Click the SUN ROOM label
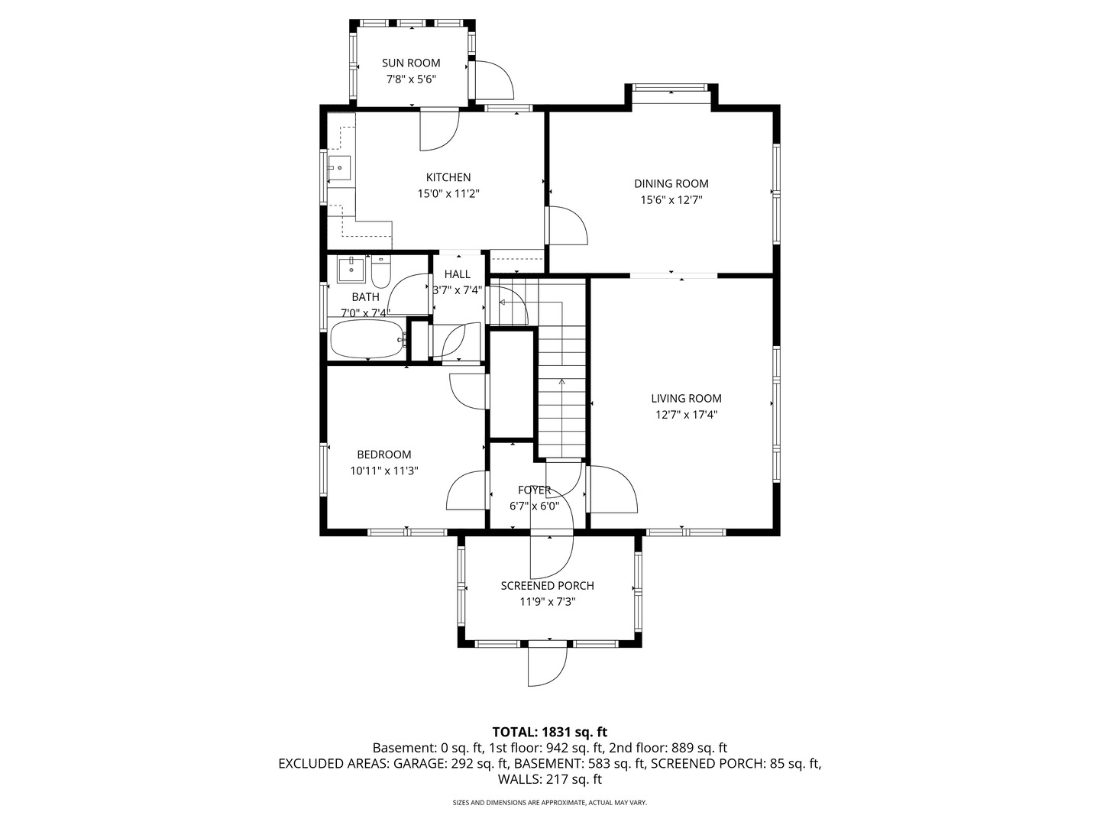(x=411, y=63)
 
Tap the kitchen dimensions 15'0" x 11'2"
(x=448, y=194)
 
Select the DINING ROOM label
(x=671, y=184)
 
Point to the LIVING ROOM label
(x=686, y=399)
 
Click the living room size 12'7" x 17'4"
(x=686, y=415)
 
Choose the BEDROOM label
(x=384, y=455)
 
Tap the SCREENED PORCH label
(x=547, y=586)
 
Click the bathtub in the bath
(x=368, y=339)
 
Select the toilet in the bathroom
(x=381, y=272)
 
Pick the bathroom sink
(x=351, y=270)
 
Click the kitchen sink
(x=339, y=168)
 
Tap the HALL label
(x=457, y=274)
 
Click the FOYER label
(x=534, y=490)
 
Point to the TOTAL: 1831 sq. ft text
(x=550, y=733)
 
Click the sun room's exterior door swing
(x=494, y=80)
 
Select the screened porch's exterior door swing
(x=547, y=666)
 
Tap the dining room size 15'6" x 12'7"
(x=671, y=200)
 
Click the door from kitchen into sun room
(x=439, y=130)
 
